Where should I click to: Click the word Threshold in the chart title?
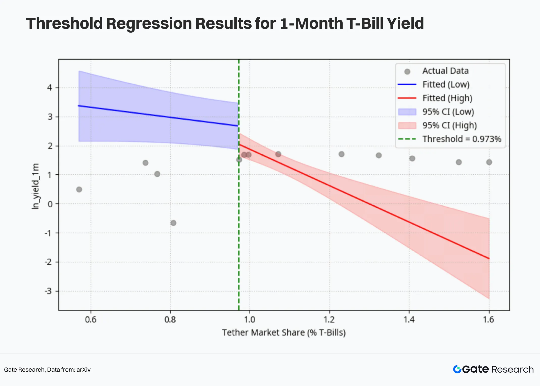(64, 23)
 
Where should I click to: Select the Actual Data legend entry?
(445, 71)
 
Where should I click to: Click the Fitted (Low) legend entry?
(446, 85)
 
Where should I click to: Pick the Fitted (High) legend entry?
(447, 98)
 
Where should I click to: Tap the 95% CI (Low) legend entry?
(448, 112)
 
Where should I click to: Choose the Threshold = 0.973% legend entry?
(462, 139)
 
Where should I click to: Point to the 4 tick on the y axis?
(49, 88)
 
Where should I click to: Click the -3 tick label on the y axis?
(48, 291)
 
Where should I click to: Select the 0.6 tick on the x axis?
(91, 320)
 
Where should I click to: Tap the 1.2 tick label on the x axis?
(329, 320)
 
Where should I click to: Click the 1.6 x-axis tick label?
(489, 320)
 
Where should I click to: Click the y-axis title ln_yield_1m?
(36, 186)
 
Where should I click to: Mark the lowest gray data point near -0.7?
(173, 223)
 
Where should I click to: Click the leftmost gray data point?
(79, 189)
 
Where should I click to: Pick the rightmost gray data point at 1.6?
(489, 162)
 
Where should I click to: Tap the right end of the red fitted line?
(489, 258)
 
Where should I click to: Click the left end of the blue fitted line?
(79, 106)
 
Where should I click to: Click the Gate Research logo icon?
(457, 369)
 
